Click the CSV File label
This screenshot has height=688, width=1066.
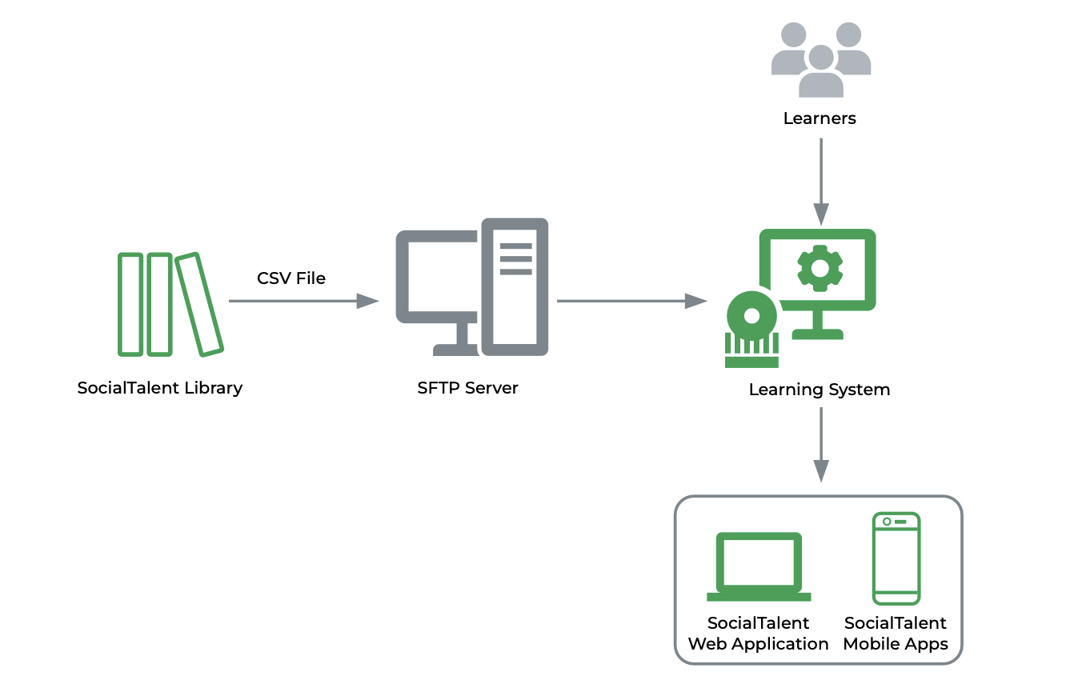pyautogui.click(x=291, y=278)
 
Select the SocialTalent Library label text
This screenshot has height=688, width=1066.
pyautogui.click(x=160, y=388)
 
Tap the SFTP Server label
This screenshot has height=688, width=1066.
pyautogui.click(x=468, y=388)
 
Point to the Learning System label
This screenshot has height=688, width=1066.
pyautogui.click(x=820, y=390)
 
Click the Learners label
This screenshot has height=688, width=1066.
pyautogui.click(x=820, y=118)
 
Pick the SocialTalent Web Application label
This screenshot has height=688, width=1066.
pyautogui.click(x=759, y=633)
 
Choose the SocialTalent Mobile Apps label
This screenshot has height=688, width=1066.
pyautogui.click(x=896, y=633)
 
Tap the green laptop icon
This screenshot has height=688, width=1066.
pyautogui.click(x=759, y=566)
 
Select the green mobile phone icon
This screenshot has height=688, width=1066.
pyautogui.click(x=896, y=558)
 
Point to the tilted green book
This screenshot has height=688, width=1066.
pyautogui.click(x=198, y=304)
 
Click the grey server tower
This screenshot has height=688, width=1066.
pyautogui.click(x=515, y=286)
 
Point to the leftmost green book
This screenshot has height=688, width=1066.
pyautogui.click(x=130, y=304)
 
